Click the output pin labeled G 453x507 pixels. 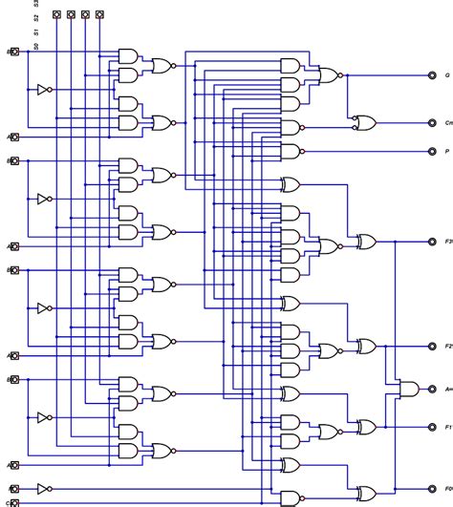pyautogui.click(x=432, y=74)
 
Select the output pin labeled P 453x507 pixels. pyautogui.click(x=432, y=151)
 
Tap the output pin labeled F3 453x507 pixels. pyautogui.click(x=432, y=243)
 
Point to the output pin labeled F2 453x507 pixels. pyautogui.click(x=432, y=345)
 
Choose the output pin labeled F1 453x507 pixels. pyautogui.click(x=432, y=426)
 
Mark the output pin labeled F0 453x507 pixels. pyautogui.click(x=432, y=492)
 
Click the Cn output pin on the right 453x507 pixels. pyautogui.click(x=432, y=122)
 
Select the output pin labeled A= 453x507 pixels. pyautogui.click(x=432, y=389)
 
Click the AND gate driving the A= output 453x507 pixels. pyautogui.click(x=407, y=389)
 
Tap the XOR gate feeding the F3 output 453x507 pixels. pyautogui.click(x=365, y=243)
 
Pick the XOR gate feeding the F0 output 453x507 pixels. pyautogui.click(x=365, y=492)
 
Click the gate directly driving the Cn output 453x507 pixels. pyautogui.click(x=363, y=122)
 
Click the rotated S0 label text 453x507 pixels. pyautogui.click(x=36, y=45)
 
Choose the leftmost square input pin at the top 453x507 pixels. pyautogui.click(x=56, y=15)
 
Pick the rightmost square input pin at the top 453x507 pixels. pyautogui.click(x=99, y=15)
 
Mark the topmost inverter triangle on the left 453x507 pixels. pyautogui.click(x=41, y=91)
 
